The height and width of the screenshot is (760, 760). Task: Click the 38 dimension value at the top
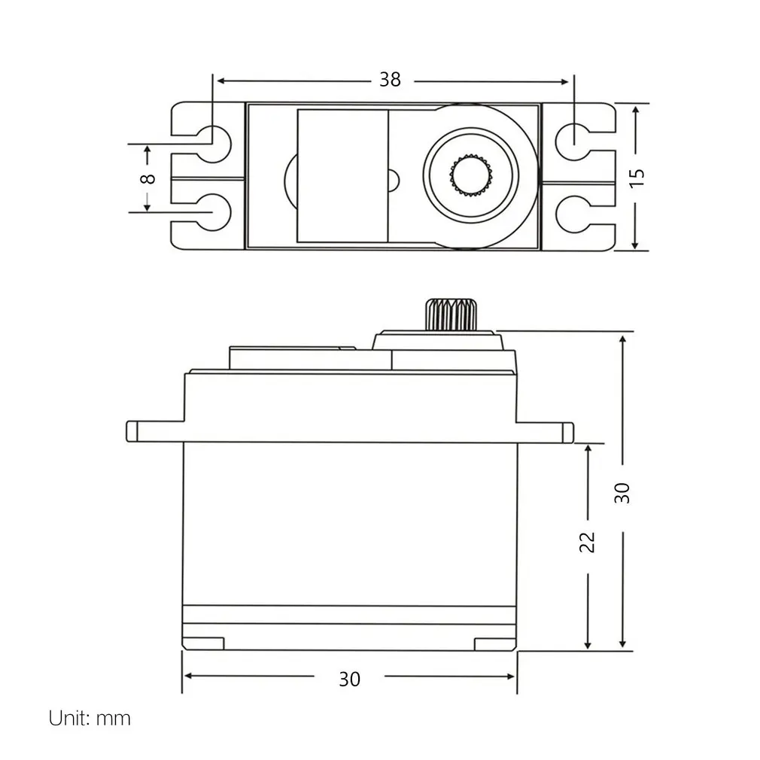390,80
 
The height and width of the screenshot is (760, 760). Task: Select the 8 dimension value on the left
148,178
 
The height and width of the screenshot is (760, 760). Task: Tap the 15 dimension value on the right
637,178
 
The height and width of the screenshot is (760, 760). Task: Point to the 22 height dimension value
588,543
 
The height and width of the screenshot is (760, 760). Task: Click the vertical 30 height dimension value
622,492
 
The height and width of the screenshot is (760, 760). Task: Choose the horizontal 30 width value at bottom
349,678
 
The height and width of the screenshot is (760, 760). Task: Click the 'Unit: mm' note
90,718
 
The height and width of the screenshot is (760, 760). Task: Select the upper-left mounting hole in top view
214,138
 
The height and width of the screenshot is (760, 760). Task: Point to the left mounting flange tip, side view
132,431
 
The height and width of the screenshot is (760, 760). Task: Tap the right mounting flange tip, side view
567,432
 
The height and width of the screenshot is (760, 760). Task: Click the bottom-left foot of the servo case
203,643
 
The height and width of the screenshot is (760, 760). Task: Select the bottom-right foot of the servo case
495,643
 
